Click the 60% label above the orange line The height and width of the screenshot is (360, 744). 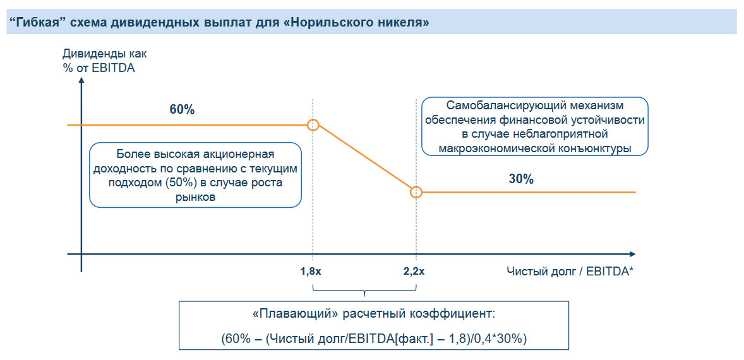pyautogui.click(x=182, y=109)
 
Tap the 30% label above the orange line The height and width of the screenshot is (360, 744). pyautogui.click(x=521, y=179)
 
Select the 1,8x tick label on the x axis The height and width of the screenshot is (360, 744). pyautogui.click(x=311, y=272)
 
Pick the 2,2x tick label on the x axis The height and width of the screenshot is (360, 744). pyautogui.click(x=414, y=272)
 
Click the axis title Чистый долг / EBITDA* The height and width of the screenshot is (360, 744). pyautogui.click(x=570, y=272)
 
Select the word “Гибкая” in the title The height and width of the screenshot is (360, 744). pyautogui.click(x=33, y=23)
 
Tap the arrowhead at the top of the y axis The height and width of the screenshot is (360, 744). pyautogui.click(x=81, y=83)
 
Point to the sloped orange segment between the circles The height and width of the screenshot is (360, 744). pyautogui.click(x=364, y=158)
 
